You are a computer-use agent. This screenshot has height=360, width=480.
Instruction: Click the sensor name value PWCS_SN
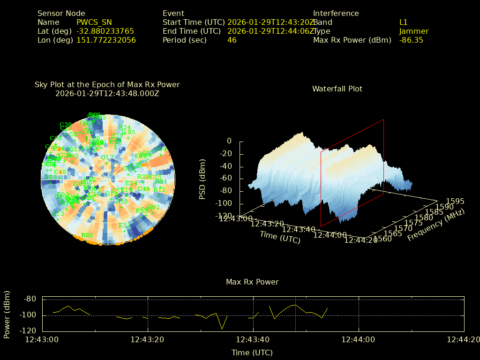pyautogui.click(x=94, y=22)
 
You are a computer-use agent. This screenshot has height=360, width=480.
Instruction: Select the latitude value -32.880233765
pyautogui.click(x=105, y=31)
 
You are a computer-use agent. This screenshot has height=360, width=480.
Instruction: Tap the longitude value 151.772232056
pyautogui.click(x=106, y=40)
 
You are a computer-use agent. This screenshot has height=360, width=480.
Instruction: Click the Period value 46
pyautogui.click(x=232, y=40)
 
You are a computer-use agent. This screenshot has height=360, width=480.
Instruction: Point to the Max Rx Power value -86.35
pyautogui.click(x=411, y=40)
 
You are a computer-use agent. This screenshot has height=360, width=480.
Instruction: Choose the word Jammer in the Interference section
pyautogui.click(x=413, y=31)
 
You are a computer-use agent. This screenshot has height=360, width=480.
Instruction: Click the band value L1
pyautogui.click(x=403, y=22)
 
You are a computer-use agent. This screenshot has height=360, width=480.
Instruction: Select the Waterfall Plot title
pyautogui.click(x=337, y=89)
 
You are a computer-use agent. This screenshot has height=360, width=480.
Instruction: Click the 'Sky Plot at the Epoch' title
pyautogui.click(x=107, y=85)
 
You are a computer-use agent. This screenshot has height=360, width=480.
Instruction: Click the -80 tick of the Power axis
pyautogui.click(x=31, y=299)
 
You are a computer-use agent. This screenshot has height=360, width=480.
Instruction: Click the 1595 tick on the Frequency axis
pyautogui.click(x=455, y=201)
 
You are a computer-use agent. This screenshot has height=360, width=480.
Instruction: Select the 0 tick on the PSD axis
pyautogui.click(x=229, y=141)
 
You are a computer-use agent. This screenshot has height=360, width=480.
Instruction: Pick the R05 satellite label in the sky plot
pyautogui.click(x=87, y=235)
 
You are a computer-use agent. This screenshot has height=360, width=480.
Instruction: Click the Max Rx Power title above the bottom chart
pyautogui.click(x=252, y=282)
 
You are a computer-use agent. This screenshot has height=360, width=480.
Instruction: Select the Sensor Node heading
pyautogui.click(x=61, y=13)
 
